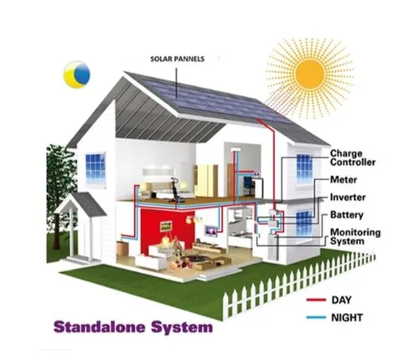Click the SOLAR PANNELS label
[x=178, y=59]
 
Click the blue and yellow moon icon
[x=77, y=75]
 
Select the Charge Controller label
[x=353, y=157]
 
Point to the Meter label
[x=344, y=179]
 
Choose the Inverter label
[x=348, y=198]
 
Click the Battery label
[x=347, y=215]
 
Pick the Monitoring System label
[x=355, y=237]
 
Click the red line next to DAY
[x=316, y=300]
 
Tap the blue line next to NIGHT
[x=316, y=317]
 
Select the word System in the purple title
[x=182, y=327]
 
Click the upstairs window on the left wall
[x=96, y=168]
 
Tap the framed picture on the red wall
[x=166, y=226]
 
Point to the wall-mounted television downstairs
[x=210, y=231]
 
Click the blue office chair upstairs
[x=247, y=185]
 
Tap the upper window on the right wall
[x=304, y=168]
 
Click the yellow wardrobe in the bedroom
[x=206, y=181]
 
